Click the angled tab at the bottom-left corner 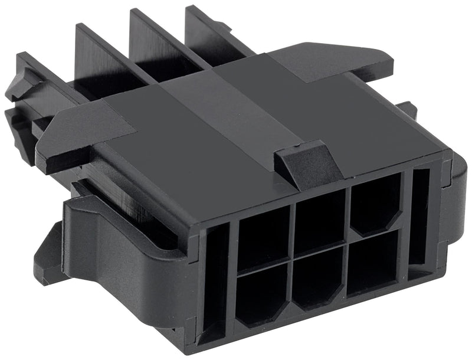50,260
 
